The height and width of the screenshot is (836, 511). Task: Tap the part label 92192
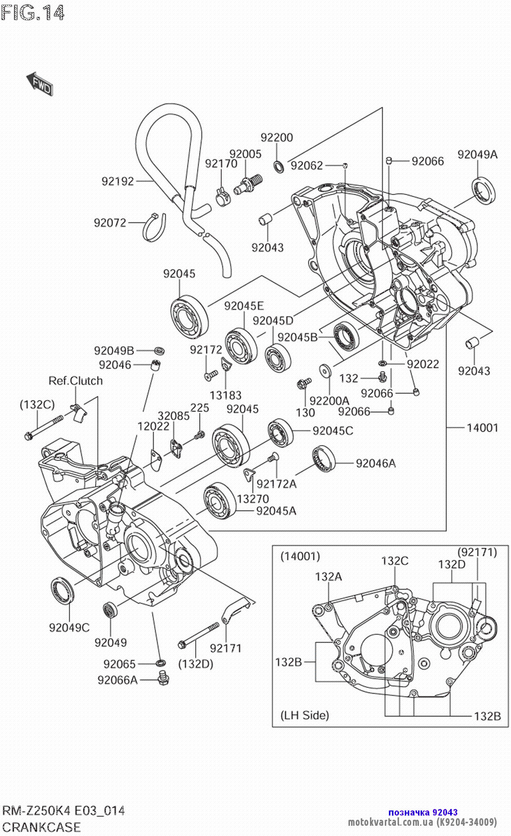118,181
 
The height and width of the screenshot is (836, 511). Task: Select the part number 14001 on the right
482,427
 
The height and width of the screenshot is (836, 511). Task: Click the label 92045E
244,306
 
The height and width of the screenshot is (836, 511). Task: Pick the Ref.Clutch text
76,381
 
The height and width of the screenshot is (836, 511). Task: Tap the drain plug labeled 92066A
164,679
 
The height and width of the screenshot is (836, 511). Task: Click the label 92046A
376,463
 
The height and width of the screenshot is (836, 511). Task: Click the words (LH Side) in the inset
305,715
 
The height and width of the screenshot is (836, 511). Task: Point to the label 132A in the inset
328,576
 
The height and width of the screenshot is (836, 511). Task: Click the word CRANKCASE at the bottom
41,827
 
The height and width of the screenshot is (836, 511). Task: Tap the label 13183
225,395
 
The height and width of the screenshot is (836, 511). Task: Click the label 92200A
330,401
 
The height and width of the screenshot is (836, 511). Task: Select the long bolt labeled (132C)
44,427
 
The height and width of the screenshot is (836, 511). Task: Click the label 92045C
333,431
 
